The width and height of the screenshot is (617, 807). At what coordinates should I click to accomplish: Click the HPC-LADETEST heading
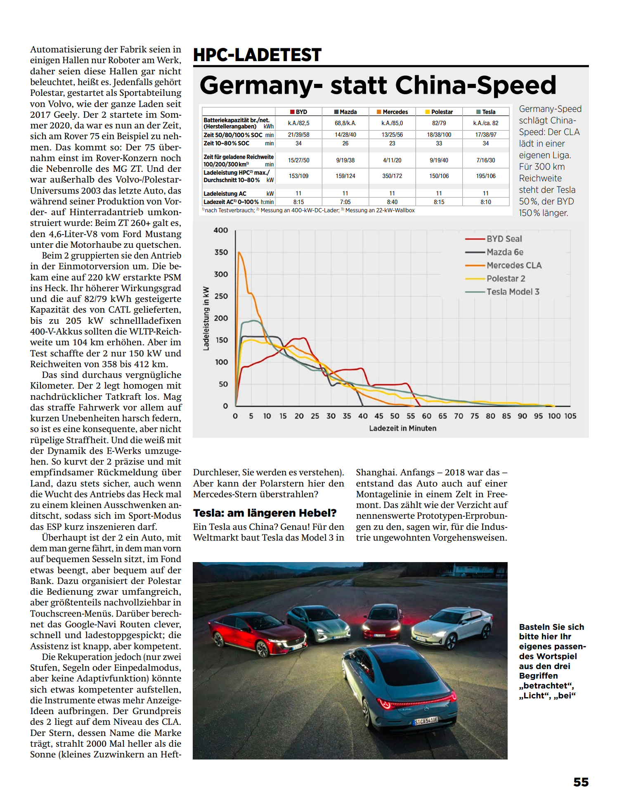pyautogui.click(x=257, y=55)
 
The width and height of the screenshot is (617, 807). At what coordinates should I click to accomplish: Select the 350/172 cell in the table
pyautogui.click(x=392, y=176)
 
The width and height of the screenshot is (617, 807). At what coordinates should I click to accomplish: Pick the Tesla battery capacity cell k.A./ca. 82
pyautogui.click(x=486, y=123)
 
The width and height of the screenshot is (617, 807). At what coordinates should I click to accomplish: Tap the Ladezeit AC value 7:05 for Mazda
pyautogui.click(x=345, y=202)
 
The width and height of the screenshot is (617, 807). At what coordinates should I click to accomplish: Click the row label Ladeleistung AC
pyautogui.click(x=225, y=193)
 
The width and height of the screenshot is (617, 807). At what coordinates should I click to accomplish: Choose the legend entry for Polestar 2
pyautogui.click(x=506, y=278)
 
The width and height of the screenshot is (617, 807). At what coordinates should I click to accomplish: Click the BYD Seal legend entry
pyautogui.click(x=504, y=239)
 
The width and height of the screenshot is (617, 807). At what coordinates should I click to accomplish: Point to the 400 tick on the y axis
pyautogui.click(x=221, y=230)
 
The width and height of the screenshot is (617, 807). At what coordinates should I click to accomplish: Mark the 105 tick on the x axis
pyautogui.click(x=570, y=416)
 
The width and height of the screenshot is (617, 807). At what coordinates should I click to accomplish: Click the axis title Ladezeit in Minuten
pyautogui.click(x=402, y=428)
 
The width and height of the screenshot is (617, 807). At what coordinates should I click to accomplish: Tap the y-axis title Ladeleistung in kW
pyautogui.click(x=206, y=318)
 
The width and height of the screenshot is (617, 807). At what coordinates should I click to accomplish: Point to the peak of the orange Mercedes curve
pyautogui.click(x=239, y=252)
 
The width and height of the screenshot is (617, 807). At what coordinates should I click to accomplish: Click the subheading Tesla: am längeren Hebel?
pyautogui.click(x=265, y=513)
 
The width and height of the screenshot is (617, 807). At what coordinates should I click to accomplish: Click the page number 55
pyautogui.click(x=581, y=782)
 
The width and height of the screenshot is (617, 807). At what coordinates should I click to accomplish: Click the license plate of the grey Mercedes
pyautogui.click(x=425, y=721)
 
